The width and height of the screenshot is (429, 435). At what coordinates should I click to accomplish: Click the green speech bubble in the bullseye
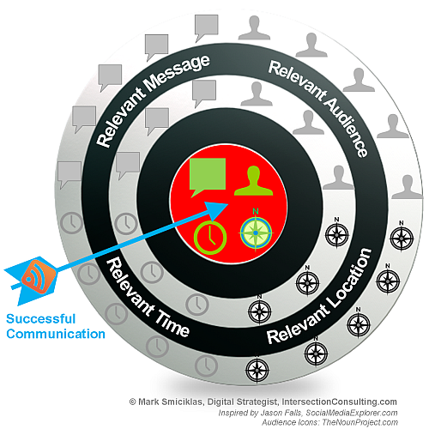tap(208, 176)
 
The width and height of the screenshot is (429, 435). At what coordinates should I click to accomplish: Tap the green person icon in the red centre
tap(254, 181)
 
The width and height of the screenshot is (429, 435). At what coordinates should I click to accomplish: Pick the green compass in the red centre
tap(256, 233)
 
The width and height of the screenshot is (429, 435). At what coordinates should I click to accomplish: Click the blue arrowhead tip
tap(228, 204)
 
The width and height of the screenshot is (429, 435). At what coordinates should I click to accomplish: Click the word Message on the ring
tap(177, 75)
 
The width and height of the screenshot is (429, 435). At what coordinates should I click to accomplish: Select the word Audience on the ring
tap(345, 126)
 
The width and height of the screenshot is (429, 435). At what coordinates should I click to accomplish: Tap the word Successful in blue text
tap(41, 319)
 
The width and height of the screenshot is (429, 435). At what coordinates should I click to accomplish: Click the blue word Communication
tap(56, 334)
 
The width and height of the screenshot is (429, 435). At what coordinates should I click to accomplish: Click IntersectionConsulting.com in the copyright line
tap(340, 402)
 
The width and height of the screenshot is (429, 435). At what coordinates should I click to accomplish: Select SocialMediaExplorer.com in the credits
tap(352, 413)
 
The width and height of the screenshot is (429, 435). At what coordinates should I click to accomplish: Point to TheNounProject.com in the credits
tap(360, 422)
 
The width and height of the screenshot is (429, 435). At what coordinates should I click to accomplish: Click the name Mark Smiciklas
tap(171, 402)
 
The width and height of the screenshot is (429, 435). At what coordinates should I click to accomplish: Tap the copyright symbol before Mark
tap(132, 402)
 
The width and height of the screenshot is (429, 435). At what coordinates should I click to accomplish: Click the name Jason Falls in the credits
tap(281, 413)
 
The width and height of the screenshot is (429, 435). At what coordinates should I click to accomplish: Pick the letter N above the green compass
tap(256, 212)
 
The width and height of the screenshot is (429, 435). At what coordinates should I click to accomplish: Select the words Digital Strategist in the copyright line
tap(243, 402)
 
